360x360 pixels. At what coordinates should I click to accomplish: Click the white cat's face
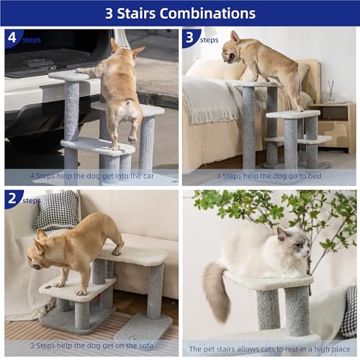296,246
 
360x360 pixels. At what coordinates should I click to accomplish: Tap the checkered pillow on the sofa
57,210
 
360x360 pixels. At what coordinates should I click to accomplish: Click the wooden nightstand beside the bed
333,125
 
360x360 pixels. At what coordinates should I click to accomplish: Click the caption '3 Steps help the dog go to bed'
270,176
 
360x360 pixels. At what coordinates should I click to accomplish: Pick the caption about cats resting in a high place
270,348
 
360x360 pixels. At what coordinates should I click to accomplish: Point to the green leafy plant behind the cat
281,209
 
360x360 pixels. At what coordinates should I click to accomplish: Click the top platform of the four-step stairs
68,75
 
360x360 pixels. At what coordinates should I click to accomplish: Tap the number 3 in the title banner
109,13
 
